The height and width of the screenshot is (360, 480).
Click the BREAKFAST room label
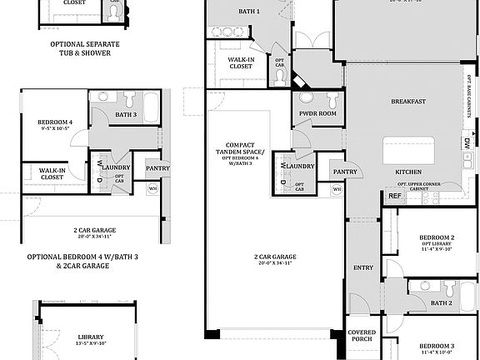coord(408,102)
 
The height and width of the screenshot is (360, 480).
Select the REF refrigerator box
coord(393,197)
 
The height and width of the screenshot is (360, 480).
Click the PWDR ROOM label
coord(317,113)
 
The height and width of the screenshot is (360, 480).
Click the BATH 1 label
coord(247,12)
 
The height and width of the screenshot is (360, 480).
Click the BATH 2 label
coord(442,303)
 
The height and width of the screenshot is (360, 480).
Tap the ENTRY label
coord(363,267)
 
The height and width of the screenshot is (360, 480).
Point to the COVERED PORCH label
coord(362,335)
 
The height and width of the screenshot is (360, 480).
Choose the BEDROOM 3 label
coord(436,345)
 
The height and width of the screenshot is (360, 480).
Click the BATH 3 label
coord(125,114)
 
